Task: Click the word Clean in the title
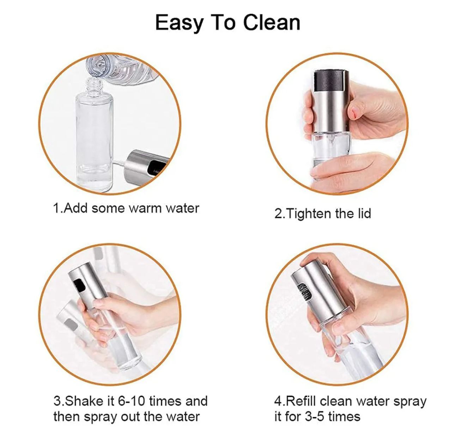tap(272, 23)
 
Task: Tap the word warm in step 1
tap(145, 208)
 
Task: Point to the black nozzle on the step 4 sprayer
tap(305, 291)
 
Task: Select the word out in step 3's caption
tap(131, 417)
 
